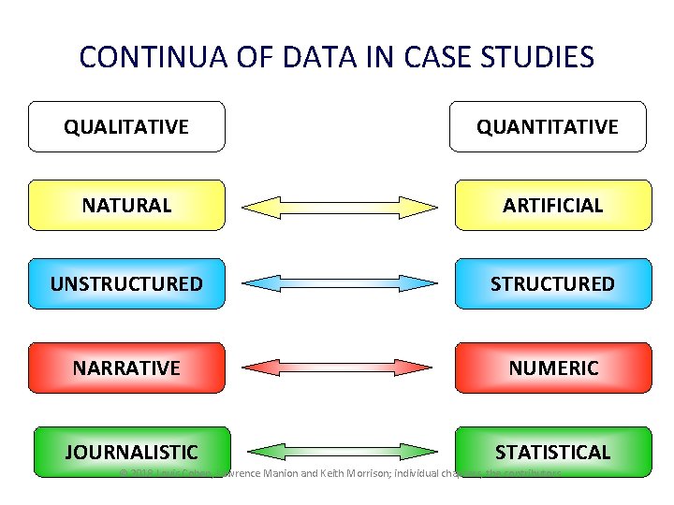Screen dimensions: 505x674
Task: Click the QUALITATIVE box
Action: (x=126, y=126)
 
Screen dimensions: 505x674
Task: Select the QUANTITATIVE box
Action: (x=548, y=126)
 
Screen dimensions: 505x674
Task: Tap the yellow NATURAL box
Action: (x=126, y=205)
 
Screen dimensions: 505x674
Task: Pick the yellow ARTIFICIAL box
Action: (x=552, y=205)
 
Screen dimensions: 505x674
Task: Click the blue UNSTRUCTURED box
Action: (x=126, y=283)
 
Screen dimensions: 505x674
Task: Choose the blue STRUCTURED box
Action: (x=552, y=283)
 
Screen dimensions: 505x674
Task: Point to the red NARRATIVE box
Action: (x=126, y=368)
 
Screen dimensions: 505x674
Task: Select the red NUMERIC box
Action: (x=552, y=368)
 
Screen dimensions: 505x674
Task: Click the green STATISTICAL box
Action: (x=552, y=452)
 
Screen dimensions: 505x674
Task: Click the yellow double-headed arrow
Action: (x=340, y=206)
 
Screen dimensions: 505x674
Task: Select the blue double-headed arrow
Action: (x=340, y=283)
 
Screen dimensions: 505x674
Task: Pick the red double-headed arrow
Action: (x=340, y=368)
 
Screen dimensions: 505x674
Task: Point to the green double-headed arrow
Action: (x=340, y=453)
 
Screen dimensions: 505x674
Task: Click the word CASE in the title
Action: (x=438, y=58)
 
